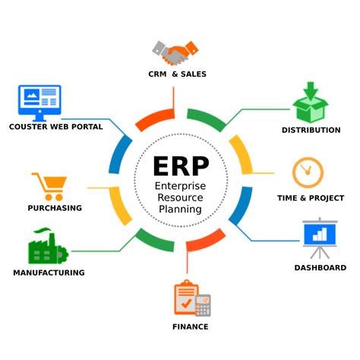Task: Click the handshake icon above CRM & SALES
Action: click(175, 52)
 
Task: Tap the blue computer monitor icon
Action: click(39, 103)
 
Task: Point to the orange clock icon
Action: click(308, 172)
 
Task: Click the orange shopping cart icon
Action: click(49, 187)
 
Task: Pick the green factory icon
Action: click(48, 246)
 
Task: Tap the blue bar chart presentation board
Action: click(320, 238)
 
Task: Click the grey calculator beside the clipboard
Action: click(203, 305)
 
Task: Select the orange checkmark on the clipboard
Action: click(187, 303)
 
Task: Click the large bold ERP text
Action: click(181, 166)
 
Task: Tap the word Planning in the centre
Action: click(180, 210)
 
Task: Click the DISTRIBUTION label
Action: click(311, 130)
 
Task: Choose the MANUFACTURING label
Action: click(49, 273)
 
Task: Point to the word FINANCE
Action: click(191, 327)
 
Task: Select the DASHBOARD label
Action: click(321, 267)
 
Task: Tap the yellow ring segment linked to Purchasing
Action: click(119, 207)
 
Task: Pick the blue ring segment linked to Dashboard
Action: click(242, 205)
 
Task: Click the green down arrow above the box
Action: click(311, 90)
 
